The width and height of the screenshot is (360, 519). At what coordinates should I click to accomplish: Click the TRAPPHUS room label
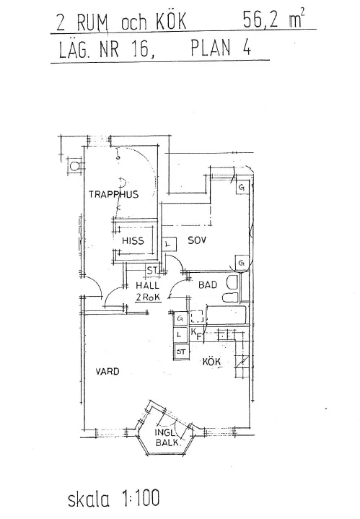pos(113,194)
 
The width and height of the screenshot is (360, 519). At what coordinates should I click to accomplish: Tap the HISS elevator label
pos(133,240)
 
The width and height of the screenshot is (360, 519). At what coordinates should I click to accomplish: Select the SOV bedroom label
pos(197,240)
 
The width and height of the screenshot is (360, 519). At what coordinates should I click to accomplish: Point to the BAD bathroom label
pos(208,284)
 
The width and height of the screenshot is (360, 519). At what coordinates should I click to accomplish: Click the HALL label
pos(148,285)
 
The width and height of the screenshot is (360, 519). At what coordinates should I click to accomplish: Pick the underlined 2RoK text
pos(148,297)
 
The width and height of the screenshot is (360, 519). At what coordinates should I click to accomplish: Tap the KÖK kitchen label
pos(212,362)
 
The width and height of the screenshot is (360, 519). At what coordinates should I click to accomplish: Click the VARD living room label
pos(107,371)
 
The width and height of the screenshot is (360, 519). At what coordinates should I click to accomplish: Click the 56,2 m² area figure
pos(273,19)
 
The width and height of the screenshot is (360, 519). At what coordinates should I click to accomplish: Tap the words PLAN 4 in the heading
pos(221,48)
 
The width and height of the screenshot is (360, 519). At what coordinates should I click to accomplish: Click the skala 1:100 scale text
pos(113,499)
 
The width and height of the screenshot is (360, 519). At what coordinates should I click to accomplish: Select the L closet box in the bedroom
pos(168,245)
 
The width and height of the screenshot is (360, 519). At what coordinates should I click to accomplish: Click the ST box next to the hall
pos(152,271)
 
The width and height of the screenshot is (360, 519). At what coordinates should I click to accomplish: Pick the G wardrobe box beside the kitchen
pos(180,318)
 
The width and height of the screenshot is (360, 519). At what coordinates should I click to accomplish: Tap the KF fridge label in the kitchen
pos(196,334)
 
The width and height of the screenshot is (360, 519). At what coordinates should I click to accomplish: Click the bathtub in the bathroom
pos(227,315)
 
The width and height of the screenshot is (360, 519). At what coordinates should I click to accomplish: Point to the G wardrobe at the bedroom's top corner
pos(242,188)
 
